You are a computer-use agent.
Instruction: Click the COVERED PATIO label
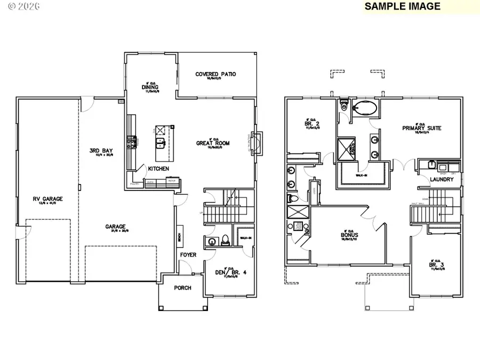click(x=215, y=74)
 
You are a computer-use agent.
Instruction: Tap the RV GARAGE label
click(x=48, y=199)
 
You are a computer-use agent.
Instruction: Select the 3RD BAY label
click(x=100, y=150)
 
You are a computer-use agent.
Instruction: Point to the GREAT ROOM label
click(x=212, y=143)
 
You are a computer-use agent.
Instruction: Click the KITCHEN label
click(x=158, y=169)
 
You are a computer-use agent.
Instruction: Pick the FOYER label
click(x=188, y=255)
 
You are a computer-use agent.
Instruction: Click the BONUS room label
click(x=350, y=235)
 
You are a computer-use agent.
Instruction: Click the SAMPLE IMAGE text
click(x=403, y=6)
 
